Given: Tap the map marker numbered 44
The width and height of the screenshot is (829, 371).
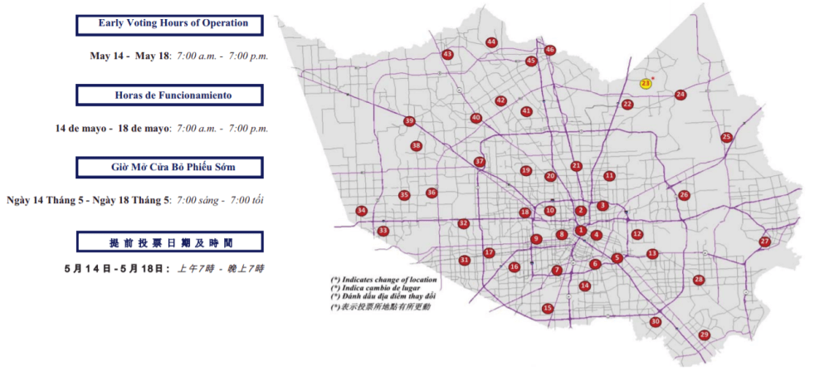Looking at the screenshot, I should coord(492,41).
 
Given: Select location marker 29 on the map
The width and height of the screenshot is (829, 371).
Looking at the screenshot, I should coord(705,334).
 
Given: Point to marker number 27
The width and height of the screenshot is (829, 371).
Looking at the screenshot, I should coord(765,242).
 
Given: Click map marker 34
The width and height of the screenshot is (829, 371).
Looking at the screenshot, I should coord(361,211).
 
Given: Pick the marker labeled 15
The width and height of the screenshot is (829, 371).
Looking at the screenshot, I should coord(548,308).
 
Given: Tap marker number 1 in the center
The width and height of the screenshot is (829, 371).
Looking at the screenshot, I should coord(581,231).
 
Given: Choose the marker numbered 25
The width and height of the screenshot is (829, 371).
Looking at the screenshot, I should coord(727,137).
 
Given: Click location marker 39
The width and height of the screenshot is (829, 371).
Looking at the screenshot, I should coord(409,121).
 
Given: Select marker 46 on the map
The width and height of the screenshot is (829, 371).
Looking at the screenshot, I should coord(549,50).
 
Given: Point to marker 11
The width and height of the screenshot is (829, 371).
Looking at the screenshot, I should coord(610,176).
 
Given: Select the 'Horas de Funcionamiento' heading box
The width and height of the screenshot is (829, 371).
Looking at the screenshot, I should coord(173,95).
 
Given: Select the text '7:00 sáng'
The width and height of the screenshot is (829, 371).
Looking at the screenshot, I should coord(197,200).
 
